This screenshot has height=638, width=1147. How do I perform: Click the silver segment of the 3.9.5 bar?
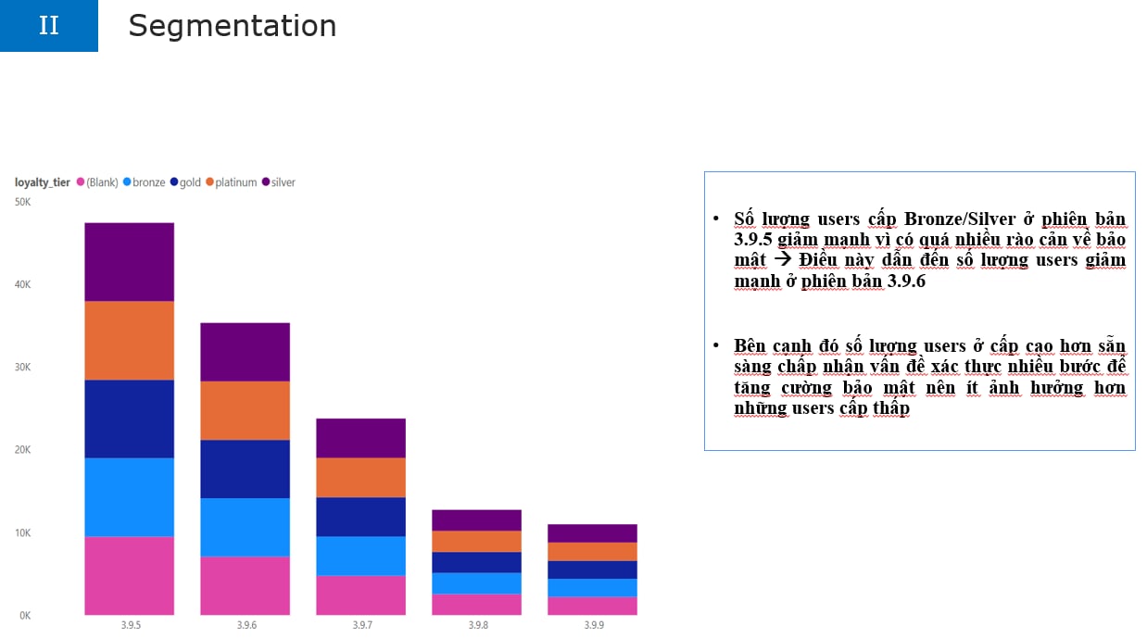[x=129, y=262]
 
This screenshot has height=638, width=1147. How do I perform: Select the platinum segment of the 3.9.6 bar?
[x=245, y=410]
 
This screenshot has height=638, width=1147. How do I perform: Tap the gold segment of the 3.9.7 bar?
[x=360, y=517]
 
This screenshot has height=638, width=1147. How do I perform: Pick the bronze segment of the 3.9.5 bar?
[x=129, y=497]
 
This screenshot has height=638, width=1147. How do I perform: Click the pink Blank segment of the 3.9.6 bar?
[x=245, y=586]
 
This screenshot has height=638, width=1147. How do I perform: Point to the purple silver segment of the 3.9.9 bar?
[x=592, y=533]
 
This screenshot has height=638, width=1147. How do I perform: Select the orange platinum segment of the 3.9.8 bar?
[x=476, y=542]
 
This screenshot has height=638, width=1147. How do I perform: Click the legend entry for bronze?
[x=145, y=182]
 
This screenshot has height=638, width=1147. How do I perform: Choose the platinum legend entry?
[x=232, y=182]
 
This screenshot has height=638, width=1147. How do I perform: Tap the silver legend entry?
[x=279, y=182]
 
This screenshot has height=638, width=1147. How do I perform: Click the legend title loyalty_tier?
[x=42, y=182]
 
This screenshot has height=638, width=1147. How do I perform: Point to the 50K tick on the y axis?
[x=22, y=202]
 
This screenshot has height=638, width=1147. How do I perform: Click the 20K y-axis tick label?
[x=22, y=450]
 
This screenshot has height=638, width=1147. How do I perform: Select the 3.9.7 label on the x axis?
[x=362, y=625]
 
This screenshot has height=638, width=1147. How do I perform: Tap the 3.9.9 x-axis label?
[x=594, y=625]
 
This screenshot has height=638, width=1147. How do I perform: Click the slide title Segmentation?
[x=233, y=26]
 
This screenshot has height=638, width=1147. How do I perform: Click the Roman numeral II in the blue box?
[x=49, y=25]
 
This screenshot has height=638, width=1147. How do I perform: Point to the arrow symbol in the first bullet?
[x=782, y=259]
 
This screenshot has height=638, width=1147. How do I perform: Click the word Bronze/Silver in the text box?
[x=960, y=219]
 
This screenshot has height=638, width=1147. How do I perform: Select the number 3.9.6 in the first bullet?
[x=906, y=281]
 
